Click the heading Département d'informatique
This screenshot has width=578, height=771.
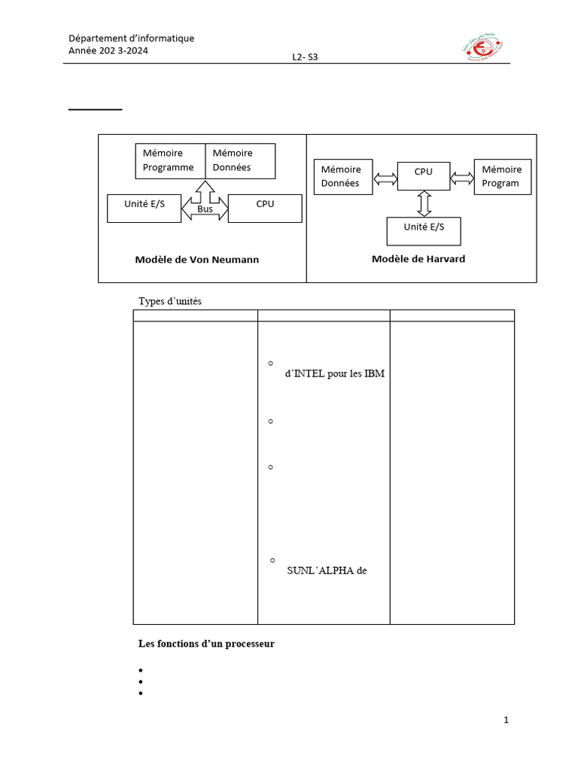(131, 38)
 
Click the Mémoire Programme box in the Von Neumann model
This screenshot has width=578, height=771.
(170, 161)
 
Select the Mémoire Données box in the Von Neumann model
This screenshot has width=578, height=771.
(240, 161)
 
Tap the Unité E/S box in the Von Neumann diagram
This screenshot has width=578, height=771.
(144, 209)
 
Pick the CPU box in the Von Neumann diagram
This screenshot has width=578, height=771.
(264, 209)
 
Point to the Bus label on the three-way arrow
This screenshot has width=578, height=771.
(205, 209)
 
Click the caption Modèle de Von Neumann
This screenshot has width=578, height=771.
(197, 260)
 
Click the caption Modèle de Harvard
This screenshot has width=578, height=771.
(418, 259)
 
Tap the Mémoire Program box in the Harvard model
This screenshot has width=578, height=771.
(502, 177)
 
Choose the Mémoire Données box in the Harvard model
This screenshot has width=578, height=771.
(342, 178)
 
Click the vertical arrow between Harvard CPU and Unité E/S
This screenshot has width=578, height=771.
(424, 203)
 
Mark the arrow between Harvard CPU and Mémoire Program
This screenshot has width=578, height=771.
(462, 178)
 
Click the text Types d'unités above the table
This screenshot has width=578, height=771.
(170, 301)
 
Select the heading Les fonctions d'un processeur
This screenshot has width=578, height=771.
(206, 643)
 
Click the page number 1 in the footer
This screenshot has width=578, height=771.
(507, 721)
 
